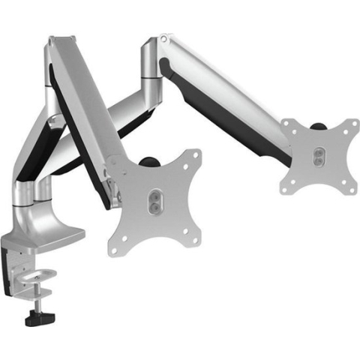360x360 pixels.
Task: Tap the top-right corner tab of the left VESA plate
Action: pyautogui.click(x=194, y=156)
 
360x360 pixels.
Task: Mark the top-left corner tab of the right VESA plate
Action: pyautogui.click(x=289, y=124)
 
